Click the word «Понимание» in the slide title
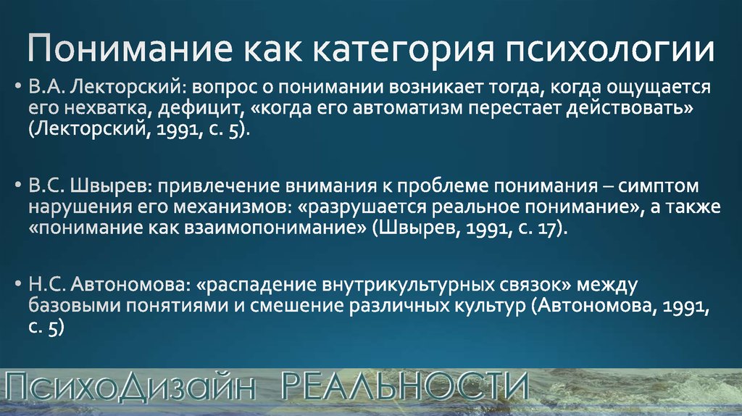(130, 48)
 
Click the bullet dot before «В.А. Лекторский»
(18, 87)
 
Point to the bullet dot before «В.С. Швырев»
(18, 186)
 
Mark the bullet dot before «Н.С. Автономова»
(18, 284)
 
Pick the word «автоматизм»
(408, 109)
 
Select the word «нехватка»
(108, 109)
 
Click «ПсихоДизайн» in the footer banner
(130, 387)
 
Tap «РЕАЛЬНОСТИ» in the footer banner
(404, 386)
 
